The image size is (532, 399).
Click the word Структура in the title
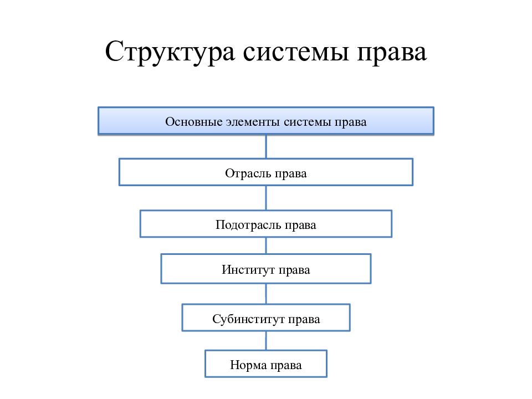click(170, 52)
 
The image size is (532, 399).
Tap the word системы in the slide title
click(296, 53)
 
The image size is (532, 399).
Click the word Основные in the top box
click(194, 121)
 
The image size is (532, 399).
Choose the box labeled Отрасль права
click(266, 172)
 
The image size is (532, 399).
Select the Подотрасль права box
click(266, 223)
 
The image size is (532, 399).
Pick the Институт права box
click(266, 269)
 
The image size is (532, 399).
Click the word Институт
click(248, 270)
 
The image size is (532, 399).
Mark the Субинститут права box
click(266, 318)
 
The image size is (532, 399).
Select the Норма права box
click(266, 364)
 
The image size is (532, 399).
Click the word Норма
click(248, 365)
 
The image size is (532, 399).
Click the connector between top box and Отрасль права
click(266, 146)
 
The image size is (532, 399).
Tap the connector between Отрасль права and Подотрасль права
click(266, 198)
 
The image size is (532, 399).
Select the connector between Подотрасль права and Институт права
click(266, 245)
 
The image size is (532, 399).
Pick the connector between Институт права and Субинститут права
click(266, 294)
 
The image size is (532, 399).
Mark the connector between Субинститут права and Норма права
click(266, 341)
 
